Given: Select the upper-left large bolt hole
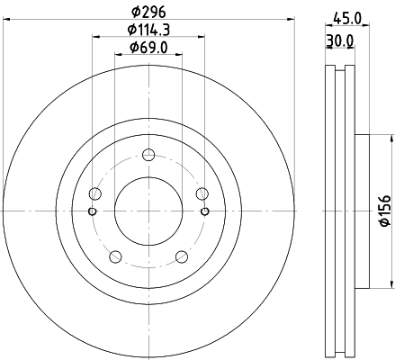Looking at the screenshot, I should (x=95, y=193).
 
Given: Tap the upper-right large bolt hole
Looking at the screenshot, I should (x=202, y=193).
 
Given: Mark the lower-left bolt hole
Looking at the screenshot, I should (x=115, y=256).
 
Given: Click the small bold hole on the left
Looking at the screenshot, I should (x=92, y=211).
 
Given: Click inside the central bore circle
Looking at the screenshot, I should (x=148, y=211).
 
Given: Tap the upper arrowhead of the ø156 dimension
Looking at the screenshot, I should (x=392, y=139).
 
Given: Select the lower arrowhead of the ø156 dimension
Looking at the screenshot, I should (x=392, y=283).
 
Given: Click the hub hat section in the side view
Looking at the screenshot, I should (x=362, y=211).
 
